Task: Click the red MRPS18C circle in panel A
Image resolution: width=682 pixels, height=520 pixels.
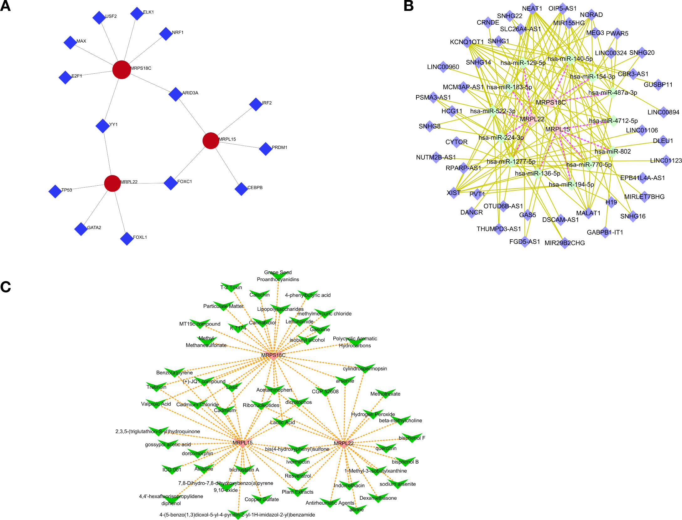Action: (x=122, y=70)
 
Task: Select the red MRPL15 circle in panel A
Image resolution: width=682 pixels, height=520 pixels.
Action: (x=211, y=141)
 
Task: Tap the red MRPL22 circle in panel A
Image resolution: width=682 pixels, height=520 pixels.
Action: (x=112, y=183)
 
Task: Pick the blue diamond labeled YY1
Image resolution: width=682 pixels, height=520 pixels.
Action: (x=102, y=126)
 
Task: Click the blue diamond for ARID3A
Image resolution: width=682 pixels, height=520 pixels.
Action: (x=175, y=94)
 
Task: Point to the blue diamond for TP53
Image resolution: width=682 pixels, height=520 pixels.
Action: (x=55, y=191)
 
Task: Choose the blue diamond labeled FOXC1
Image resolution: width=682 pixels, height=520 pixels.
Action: (x=171, y=183)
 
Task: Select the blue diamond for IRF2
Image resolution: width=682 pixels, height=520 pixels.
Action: (x=256, y=104)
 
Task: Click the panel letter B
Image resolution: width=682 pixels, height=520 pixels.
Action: (x=409, y=6)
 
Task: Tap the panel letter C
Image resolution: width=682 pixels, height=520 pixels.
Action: (x=6, y=287)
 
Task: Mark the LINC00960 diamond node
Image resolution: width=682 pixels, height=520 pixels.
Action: (x=443, y=67)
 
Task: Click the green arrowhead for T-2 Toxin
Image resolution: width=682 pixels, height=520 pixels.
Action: (x=231, y=287)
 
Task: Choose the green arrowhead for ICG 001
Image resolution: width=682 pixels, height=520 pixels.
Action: (x=172, y=469)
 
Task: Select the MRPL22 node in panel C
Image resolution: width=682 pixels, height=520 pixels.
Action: (x=344, y=443)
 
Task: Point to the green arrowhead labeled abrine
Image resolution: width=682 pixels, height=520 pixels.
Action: (x=357, y=509)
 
